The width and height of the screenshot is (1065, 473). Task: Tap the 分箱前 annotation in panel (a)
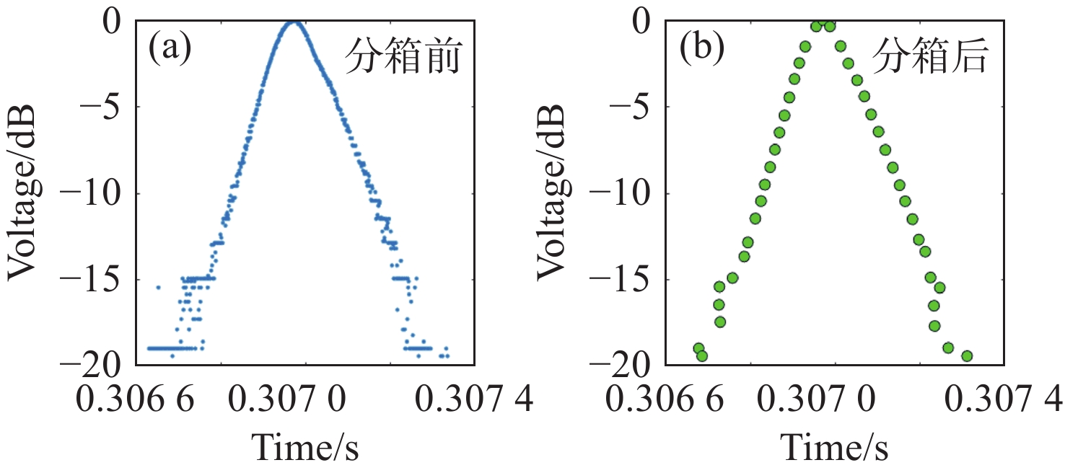[401, 56]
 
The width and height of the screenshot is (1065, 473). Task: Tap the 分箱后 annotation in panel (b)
[930, 56]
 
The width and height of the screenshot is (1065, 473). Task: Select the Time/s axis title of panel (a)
[305, 447]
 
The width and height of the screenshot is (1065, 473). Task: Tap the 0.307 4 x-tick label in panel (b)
[1005, 399]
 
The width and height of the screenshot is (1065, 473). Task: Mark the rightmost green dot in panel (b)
[967, 355]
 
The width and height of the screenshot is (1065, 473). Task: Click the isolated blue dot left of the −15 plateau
[158, 287]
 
